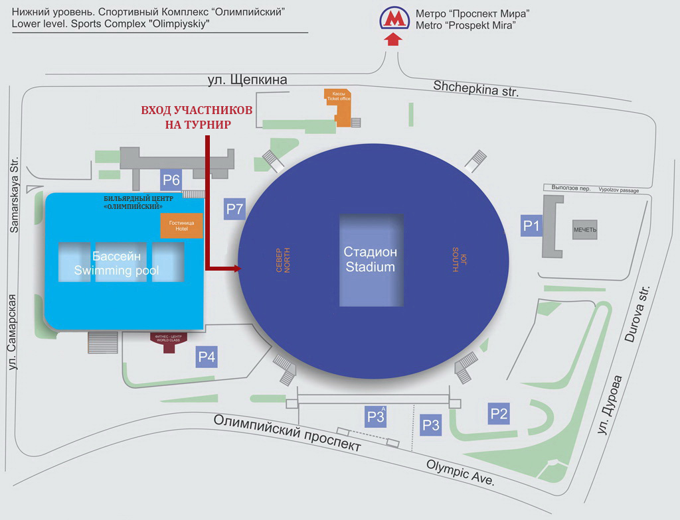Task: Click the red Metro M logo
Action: pos(394,19)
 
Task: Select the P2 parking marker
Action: pos(499,414)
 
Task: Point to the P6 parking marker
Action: pos(171,179)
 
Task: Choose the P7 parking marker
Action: pos(235,209)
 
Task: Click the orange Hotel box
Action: pos(181,226)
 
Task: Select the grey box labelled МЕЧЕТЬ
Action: pos(585,229)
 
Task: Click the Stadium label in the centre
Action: pos(371,259)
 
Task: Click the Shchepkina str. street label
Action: pos(475,89)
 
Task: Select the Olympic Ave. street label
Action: pos(460,472)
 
